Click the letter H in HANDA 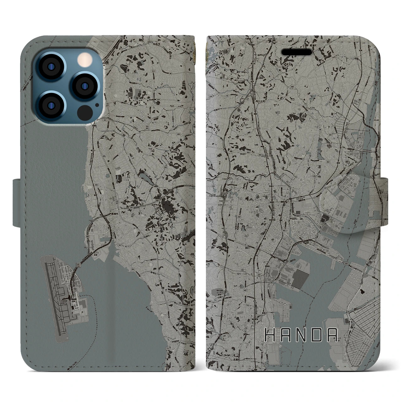pyautogui.click(x=271, y=335)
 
